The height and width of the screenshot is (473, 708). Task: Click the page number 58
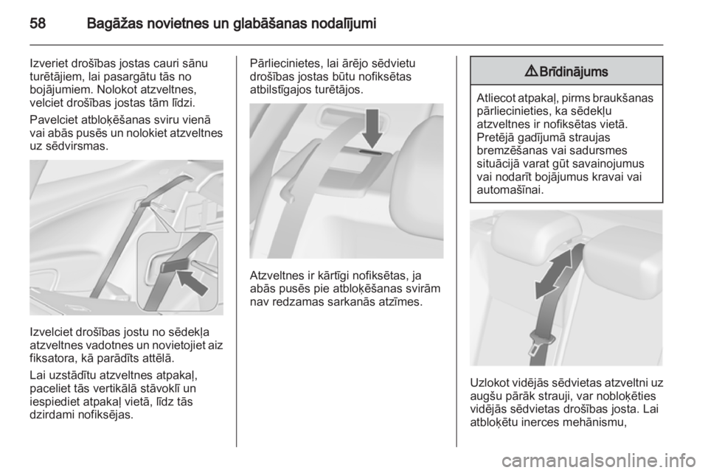(x=38, y=23)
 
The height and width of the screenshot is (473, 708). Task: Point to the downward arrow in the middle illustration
(x=372, y=128)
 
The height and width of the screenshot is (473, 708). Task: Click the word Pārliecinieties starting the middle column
(x=283, y=63)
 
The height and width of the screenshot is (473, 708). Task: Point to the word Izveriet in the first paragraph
(x=49, y=63)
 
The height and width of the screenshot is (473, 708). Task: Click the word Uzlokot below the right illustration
(x=490, y=383)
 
